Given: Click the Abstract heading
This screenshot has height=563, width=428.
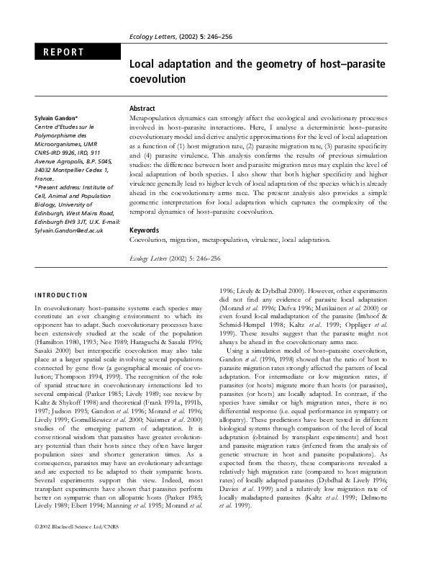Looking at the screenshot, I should (x=142, y=107).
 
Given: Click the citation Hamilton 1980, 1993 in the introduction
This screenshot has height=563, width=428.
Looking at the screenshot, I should (x=68, y=340).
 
